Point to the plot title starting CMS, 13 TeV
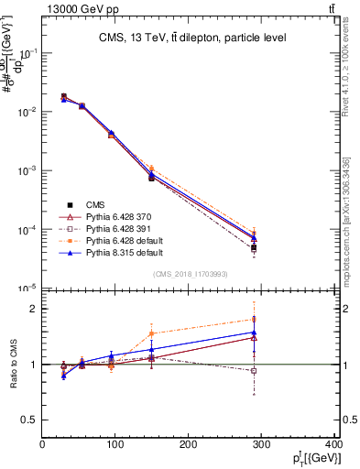[x=191, y=38]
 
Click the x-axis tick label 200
[x=188, y=444]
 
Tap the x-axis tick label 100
[x=115, y=444]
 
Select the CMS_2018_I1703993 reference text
[x=191, y=275]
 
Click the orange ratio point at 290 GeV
[x=267, y=319]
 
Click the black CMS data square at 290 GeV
[x=267, y=248]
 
